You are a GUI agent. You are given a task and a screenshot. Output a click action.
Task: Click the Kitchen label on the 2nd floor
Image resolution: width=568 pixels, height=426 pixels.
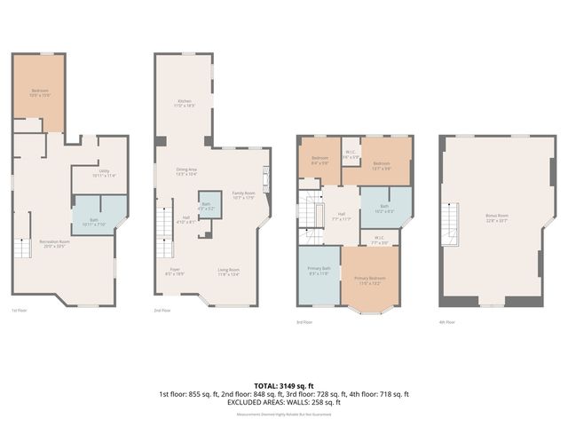point(185,103)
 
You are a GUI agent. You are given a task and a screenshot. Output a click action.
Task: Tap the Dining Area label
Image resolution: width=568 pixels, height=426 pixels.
point(185,171)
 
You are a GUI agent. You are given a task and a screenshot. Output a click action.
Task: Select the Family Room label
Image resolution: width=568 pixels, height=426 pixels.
point(243,195)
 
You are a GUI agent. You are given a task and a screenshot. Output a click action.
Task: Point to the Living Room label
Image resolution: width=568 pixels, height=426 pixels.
point(229,272)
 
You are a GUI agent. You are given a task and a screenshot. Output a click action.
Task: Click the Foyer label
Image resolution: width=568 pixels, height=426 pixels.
point(176,272)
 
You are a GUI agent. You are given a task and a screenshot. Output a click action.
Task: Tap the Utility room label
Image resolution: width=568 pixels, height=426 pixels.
point(104,174)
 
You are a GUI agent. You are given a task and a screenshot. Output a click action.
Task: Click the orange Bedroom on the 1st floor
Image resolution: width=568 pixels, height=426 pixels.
point(40,92)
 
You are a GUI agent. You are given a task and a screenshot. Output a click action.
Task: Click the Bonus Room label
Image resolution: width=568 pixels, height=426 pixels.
point(496,217)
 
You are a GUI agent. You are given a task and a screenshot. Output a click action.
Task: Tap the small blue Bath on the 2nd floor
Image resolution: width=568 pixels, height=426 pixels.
point(206,206)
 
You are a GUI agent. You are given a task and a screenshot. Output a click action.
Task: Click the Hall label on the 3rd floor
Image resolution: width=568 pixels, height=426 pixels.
point(342,216)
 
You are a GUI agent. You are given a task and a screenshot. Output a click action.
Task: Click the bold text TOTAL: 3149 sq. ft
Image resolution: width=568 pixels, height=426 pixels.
point(283,385)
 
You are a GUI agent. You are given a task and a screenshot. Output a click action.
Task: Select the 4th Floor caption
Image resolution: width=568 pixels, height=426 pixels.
point(447,322)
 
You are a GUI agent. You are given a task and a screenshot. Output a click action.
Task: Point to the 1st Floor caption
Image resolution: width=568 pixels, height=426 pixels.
point(19,311)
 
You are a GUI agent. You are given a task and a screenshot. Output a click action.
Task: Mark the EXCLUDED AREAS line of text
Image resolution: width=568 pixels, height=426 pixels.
point(284,402)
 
